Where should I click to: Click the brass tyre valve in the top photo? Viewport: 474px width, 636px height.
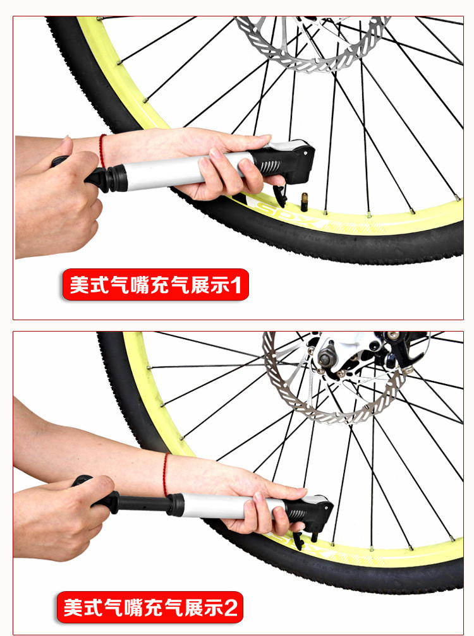click(303, 202)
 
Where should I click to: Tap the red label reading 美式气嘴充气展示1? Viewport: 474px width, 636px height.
click(155, 285)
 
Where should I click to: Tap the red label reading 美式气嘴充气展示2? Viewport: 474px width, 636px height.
click(150, 607)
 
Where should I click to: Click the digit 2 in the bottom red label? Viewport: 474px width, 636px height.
click(230, 608)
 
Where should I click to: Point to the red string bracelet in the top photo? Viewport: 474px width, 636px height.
click(102, 151)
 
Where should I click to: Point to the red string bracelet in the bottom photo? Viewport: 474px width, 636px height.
click(165, 474)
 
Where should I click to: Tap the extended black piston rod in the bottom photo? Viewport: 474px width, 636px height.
click(142, 504)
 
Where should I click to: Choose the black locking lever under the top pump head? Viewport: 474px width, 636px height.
click(280, 195)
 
